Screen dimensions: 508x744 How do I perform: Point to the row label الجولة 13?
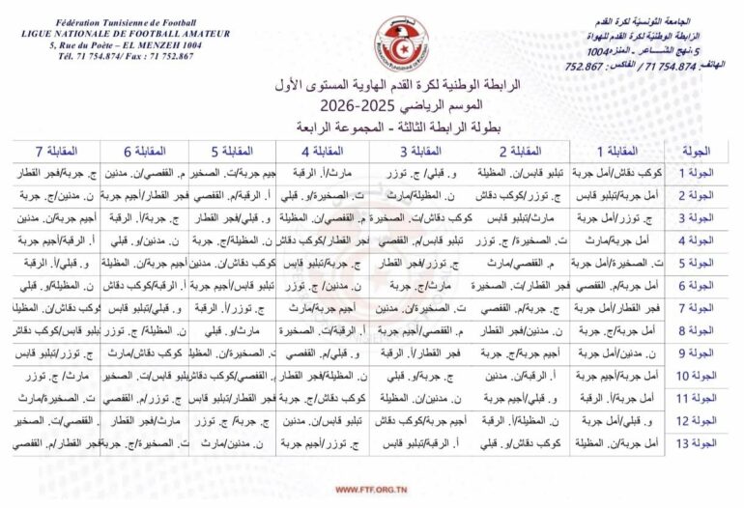click(696, 442)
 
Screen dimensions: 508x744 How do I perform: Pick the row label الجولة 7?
click(697, 308)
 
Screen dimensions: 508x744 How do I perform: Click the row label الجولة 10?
click(696, 375)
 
